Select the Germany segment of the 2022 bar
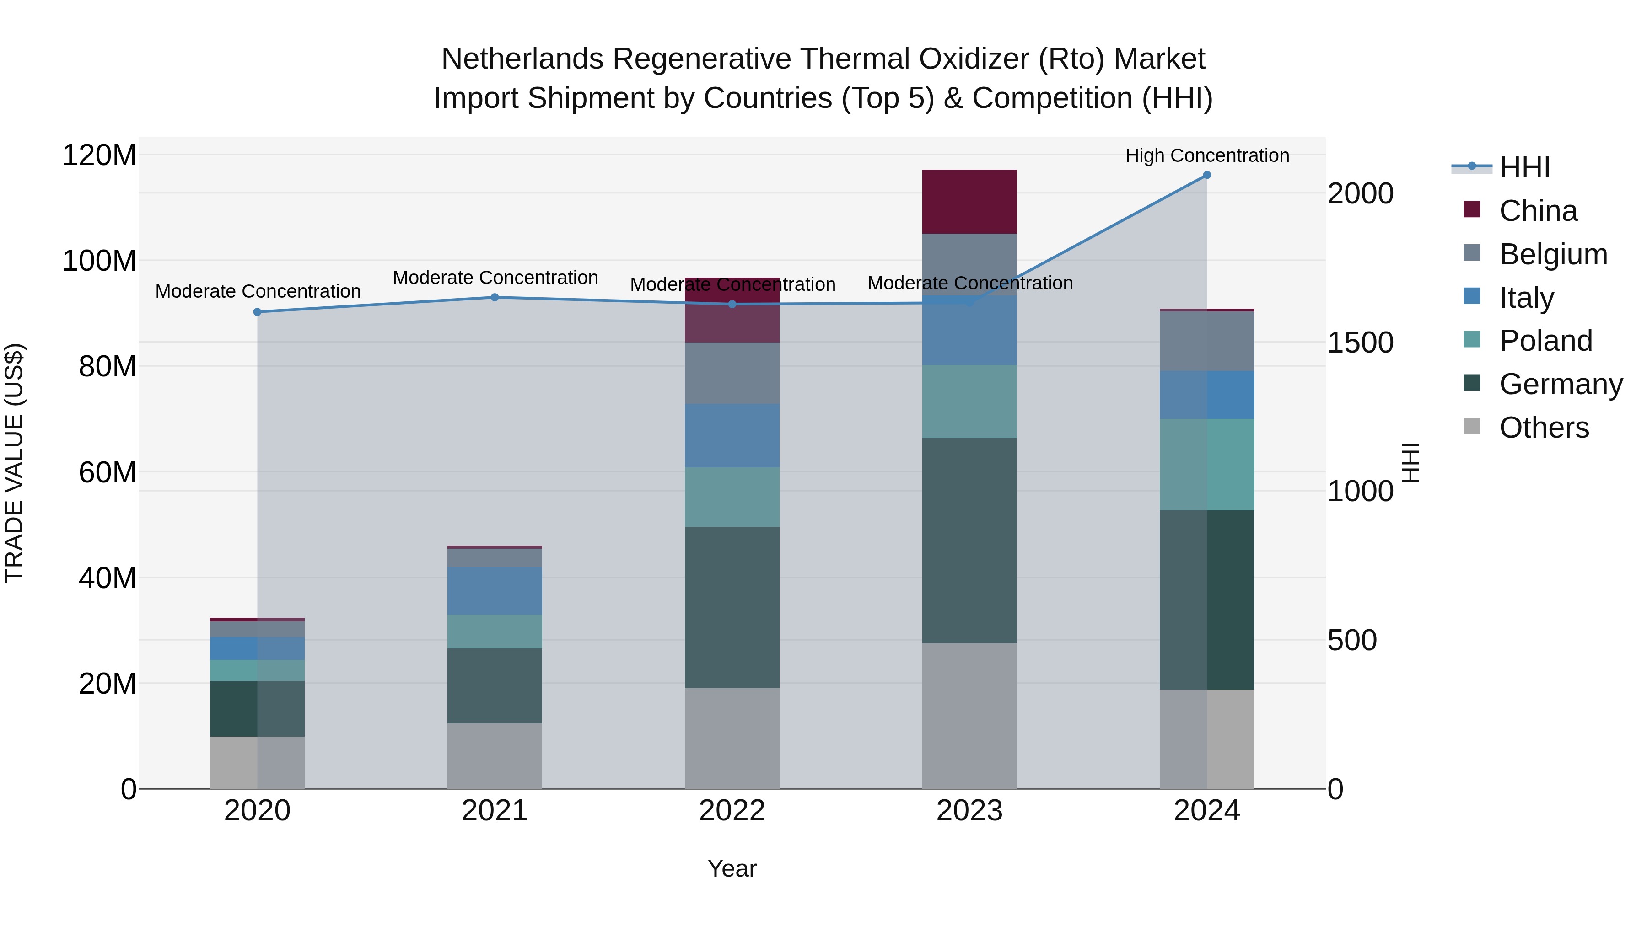coord(732,607)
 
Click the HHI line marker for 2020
coord(257,312)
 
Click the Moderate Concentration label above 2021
coord(495,278)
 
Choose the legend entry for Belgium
coord(1552,254)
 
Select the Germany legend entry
coord(1560,384)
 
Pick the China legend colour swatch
coord(1472,209)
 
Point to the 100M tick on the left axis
coord(99,261)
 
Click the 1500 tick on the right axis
coord(1360,343)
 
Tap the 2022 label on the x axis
coord(732,811)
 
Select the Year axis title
coord(732,868)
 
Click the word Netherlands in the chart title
coord(522,59)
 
